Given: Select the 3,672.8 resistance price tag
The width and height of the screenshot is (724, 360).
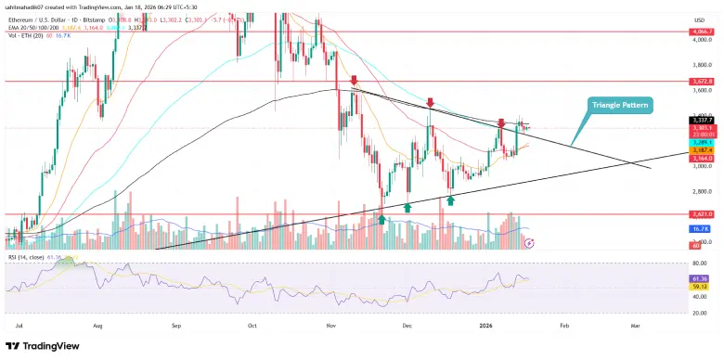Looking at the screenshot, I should click(701, 81).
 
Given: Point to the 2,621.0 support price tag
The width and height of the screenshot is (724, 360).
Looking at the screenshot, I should click(701, 213).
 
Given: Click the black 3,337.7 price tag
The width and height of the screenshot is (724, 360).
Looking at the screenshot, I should click(701, 120).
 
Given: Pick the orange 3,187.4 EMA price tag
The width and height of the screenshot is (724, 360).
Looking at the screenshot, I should click(701, 149).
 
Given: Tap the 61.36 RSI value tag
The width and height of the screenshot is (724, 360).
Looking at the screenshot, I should click(701, 276).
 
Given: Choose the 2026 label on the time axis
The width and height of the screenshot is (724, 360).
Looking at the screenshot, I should click(485, 327).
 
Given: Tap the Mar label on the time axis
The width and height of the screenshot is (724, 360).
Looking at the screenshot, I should click(637, 327).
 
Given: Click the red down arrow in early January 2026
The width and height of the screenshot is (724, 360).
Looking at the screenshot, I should click(501, 122).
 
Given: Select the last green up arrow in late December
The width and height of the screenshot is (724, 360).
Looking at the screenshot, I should click(451, 199).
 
